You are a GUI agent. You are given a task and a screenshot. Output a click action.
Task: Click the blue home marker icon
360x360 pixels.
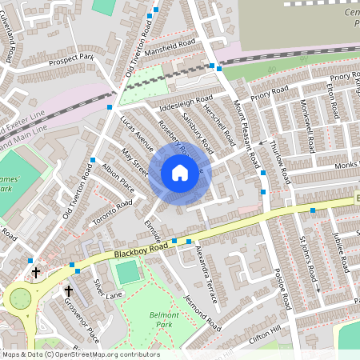(x=180, y=173)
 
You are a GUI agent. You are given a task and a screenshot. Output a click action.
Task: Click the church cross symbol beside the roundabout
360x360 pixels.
(x=35, y=273)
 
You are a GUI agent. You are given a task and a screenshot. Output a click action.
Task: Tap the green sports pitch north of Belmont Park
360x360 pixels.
(x=128, y=272)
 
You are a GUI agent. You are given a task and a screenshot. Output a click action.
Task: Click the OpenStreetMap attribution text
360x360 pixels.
(x=80, y=354)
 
